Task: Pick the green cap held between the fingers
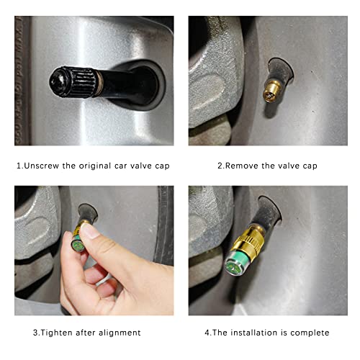click(75, 243)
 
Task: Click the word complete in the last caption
click(312, 332)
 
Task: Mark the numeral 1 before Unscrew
click(19, 165)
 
